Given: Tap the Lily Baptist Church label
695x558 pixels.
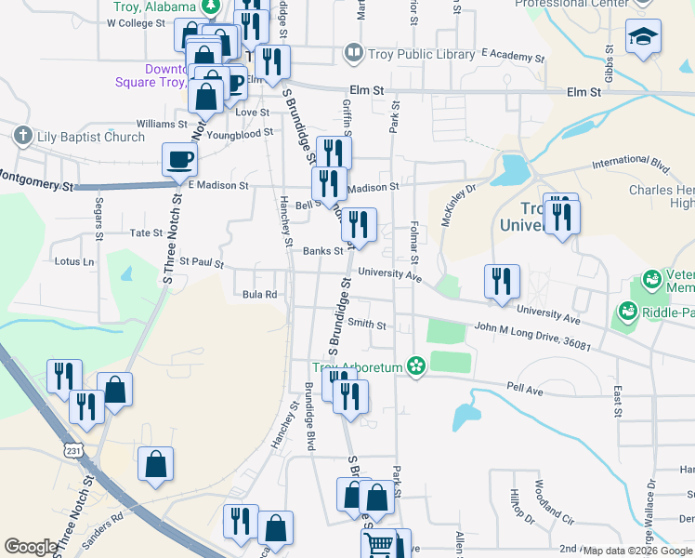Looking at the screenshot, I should click(x=89, y=137).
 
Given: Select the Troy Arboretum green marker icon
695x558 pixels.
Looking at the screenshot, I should click(x=416, y=367).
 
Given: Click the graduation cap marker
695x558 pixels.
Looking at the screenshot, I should click(x=643, y=37).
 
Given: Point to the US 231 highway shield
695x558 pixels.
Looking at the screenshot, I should click(x=73, y=450).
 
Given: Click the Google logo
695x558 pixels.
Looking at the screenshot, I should click(x=31, y=547).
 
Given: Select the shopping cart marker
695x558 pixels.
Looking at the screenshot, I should click(x=379, y=543).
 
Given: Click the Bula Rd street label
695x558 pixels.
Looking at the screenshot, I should click(x=260, y=295).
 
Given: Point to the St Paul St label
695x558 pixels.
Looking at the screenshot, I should click(x=202, y=263).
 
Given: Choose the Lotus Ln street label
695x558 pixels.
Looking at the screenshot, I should click(x=74, y=261).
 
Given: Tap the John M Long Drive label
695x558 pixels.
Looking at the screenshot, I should click(x=532, y=336).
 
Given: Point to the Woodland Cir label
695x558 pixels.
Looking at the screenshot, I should click(x=550, y=503).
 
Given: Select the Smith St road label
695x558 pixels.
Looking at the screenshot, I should click(x=367, y=324).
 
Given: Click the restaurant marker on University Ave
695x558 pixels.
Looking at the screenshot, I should click(x=502, y=281).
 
